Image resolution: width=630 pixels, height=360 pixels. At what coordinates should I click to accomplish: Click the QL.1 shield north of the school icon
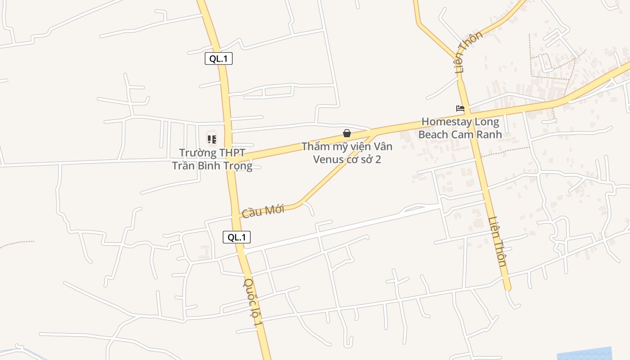[219, 58]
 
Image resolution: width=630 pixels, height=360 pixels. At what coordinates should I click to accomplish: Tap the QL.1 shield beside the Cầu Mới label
[237, 237]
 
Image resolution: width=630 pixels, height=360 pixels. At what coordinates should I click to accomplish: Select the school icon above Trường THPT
[212, 139]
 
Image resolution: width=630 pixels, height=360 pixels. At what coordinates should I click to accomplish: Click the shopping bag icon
[347, 133]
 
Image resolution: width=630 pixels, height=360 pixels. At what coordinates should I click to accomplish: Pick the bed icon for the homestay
[460, 108]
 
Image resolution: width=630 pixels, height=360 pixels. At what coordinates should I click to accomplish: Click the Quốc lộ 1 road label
[252, 302]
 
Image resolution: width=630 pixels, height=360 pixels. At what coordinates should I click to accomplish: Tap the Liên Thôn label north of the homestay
[468, 52]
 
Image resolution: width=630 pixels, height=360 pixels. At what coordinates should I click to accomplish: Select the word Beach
[433, 135]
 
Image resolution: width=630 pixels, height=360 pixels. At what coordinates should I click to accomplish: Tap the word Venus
[328, 160]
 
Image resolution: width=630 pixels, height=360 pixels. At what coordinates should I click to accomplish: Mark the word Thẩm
[315, 147]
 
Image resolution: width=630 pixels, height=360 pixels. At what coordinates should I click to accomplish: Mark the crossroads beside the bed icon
[468, 112]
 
